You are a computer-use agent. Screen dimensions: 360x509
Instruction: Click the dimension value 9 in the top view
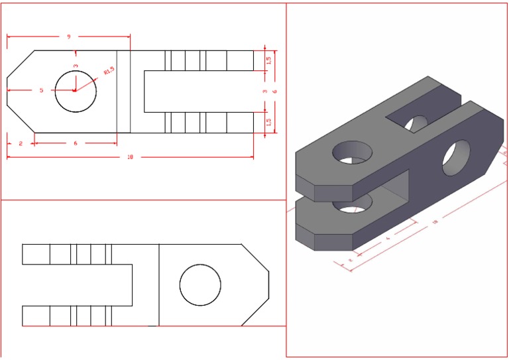68,37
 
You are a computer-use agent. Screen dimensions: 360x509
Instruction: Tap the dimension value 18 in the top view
130,157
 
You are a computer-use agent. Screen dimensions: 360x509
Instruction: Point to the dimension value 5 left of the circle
41,90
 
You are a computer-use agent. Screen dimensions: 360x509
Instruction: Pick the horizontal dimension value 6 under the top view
75,143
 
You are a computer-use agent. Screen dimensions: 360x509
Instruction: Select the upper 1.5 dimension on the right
268,60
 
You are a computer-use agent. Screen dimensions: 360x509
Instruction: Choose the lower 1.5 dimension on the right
268,122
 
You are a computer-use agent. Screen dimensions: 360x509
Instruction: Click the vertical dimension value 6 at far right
274,91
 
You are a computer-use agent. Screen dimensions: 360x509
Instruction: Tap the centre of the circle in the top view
76,91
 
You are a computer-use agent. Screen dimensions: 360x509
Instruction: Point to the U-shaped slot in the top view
199,91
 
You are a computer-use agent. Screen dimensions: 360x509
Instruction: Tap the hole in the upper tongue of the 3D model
352,152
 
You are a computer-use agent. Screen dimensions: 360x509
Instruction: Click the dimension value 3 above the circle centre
76,66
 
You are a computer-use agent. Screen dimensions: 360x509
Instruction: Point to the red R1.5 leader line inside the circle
85,84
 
